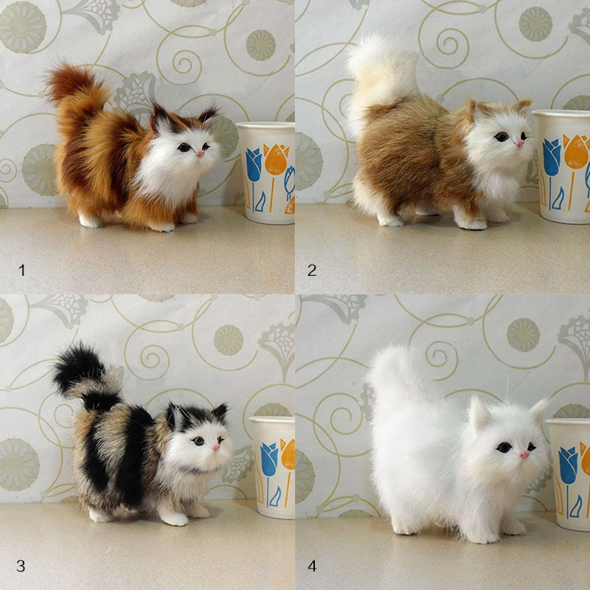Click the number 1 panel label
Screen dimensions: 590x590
[x=21, y=271]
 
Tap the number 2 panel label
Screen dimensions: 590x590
[x=312, y=271]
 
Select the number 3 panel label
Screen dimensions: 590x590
[x=21, y=566]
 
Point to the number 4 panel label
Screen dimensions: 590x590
[x=312, y=566]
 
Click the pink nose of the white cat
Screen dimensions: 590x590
[x=524, y=454]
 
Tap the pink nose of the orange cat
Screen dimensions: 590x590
[x=200, y=153]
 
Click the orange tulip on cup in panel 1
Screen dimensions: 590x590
[x=276, y=159]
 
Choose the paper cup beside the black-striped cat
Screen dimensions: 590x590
[x=273, y=465]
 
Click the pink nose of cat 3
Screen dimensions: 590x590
[x=217, y=448]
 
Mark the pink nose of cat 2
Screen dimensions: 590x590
[x=519, y=143]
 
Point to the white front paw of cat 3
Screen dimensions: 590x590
[x=175, y=518]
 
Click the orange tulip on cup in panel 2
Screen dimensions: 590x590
[x=576, y=153]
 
